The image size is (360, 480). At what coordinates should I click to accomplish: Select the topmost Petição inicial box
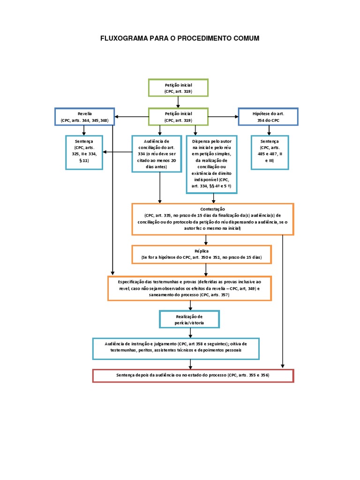pos(178,88)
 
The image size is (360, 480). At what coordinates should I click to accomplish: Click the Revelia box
pos(84,117)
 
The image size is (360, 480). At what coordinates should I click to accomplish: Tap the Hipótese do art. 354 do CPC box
pos(268,117)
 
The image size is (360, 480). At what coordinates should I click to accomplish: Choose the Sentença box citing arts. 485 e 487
pos(270,152)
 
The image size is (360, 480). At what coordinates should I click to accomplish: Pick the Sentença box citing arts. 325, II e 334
pos(84,152)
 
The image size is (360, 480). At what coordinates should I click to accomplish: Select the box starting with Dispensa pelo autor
pos(211,164)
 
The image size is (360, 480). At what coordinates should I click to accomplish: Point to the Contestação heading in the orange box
pos(212,209)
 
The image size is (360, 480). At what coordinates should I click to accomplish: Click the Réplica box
pos(202,255)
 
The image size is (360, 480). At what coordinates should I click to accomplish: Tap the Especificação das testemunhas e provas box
pos(190,288)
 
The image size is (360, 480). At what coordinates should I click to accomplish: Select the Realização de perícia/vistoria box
pos(189,320)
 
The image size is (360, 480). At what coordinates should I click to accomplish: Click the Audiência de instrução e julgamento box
pos(176,348)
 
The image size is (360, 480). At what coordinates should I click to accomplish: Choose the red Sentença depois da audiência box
pos(193,375)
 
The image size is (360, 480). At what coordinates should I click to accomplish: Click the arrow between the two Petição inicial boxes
pos(178,102)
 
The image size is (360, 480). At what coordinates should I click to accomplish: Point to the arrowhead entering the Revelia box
pos(117,117)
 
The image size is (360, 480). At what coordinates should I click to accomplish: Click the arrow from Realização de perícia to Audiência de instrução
pos(190,333)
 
